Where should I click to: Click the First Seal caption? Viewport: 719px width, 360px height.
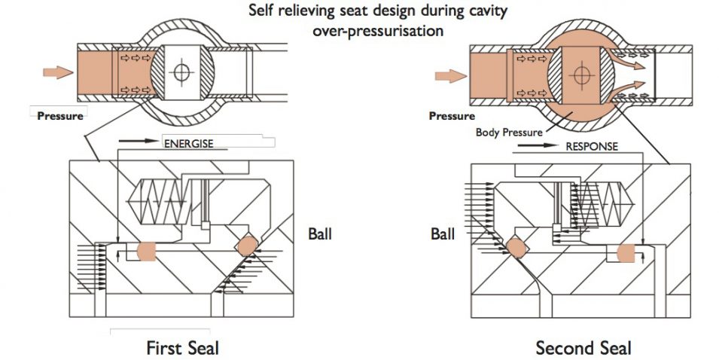(184, 347)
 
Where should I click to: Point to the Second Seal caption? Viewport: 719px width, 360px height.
(583, 347)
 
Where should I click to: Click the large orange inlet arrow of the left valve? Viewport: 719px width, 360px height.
(57, 72)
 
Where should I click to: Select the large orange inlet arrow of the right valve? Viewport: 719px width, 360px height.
(449, 75)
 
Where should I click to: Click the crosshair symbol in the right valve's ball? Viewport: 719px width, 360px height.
(579, 75)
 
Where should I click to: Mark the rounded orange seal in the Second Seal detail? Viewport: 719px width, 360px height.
(627, 252)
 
